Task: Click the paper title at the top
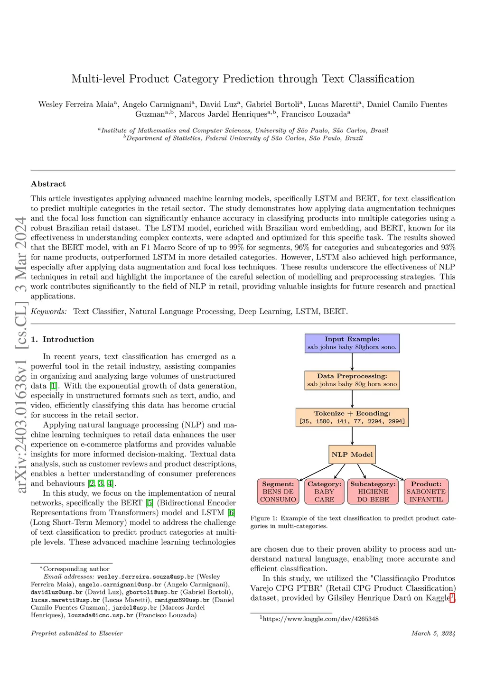click(243, 79)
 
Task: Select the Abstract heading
click(48, 184)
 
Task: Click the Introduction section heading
click(62, 339)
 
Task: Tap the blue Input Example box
click(352, 343)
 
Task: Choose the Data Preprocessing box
click(352, 380)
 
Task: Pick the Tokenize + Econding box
click(352, 417)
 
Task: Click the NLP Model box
click(352, 455)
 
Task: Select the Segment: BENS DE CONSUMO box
click(278, 492)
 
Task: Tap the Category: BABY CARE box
click(324, 492)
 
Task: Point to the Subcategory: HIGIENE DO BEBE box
click(373, 492)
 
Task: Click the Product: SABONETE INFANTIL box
click(426, 492)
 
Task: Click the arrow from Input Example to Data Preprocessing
click(352, 362)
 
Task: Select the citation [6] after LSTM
click(232, 513)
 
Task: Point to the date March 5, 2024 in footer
click(433, 633)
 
